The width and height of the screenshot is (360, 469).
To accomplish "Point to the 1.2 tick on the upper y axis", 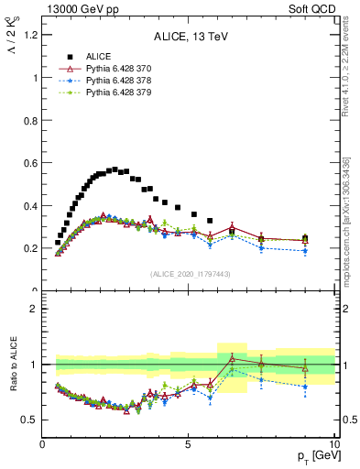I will [x=29, y=35].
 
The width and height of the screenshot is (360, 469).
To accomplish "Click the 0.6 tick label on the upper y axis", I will [x=29, y=163].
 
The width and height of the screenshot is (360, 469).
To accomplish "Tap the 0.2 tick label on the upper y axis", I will [x=29, y=248].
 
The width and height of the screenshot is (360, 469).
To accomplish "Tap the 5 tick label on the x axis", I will [x=188, y=445].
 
